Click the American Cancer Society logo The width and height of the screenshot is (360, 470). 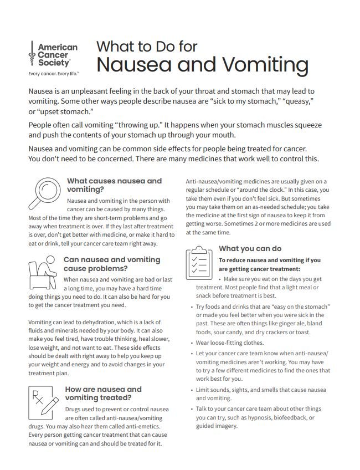coord(53,55)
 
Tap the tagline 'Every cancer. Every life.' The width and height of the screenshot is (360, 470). coord(54,73)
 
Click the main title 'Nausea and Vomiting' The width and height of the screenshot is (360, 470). coord(202,64)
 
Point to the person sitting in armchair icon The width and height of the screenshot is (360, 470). coord(42,271)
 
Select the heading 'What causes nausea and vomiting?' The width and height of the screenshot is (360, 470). coord(114,185)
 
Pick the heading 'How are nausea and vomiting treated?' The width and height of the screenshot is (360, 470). coord(104,393)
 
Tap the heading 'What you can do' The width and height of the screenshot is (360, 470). coord(250,248)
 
